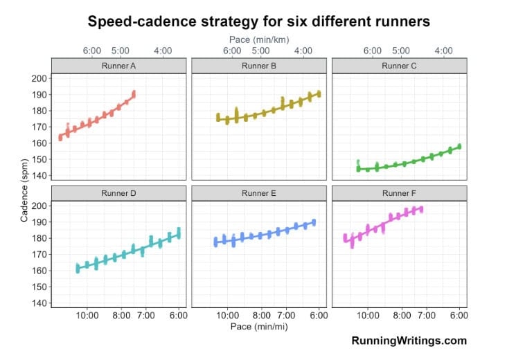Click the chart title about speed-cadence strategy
tap(258, 21)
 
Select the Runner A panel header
tap(119, 66)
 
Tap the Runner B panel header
tap(259, 66)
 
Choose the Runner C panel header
tap(400, 66)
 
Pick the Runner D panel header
tap(119, 193)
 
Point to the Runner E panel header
tap(259, 193)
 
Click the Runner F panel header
tap(400, 193)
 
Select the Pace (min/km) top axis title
tap(259, 39)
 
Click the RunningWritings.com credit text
tap(409, 341)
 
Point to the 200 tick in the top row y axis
tap(39, 78)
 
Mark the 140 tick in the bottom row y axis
tap(39, 303)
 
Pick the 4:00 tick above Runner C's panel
tap(443, 51)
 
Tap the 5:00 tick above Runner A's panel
tap(120, 51)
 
